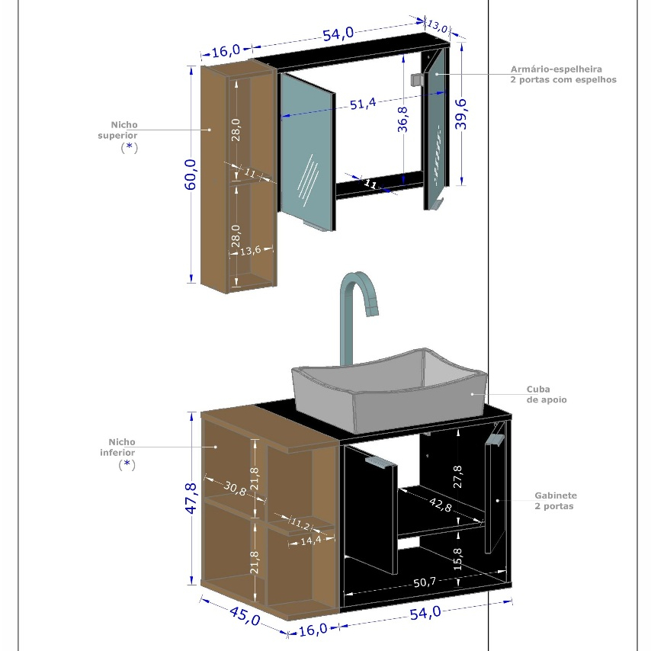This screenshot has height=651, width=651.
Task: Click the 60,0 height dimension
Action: coord(191,175)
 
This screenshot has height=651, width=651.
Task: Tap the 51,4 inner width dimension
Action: coord(363,104)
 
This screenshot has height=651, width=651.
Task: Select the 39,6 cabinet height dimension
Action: coord(461,114)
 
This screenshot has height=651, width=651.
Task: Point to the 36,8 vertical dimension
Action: coord(402,120)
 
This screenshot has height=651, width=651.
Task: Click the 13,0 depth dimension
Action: coord(438,26)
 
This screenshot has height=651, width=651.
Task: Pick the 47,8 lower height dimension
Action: coord(191,499)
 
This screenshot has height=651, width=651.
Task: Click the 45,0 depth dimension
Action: coord(245,616)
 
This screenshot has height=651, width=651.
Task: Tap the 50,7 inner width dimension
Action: coord(425,582)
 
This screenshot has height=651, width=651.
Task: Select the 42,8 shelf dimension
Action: coord(440,505)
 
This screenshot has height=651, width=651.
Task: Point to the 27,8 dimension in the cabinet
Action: coord(457,476)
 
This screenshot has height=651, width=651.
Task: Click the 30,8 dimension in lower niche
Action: coord(235,488)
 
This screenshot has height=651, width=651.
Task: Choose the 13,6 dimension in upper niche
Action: coord(250,251)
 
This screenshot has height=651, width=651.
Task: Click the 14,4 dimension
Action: coord(311,540)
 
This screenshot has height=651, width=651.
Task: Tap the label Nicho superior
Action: coord(118,130)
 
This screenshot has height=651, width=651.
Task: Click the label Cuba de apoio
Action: coord(547,394)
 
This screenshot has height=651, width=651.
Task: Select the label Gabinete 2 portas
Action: coord(556,501)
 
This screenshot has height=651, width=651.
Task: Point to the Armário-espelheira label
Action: coord(556,69)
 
